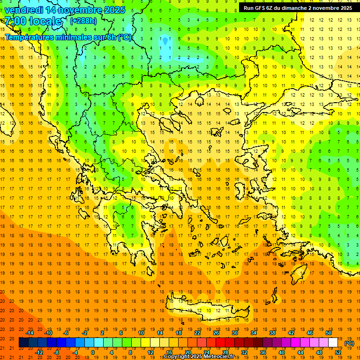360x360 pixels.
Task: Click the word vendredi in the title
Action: coord(23,9)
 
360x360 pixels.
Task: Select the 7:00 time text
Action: coord(15,21)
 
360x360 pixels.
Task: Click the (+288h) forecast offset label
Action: coord(84,21)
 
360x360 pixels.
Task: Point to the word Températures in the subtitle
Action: coord(30,37)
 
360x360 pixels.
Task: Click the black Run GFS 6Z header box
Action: coord(298,7)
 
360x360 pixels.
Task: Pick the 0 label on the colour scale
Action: coord(93,352)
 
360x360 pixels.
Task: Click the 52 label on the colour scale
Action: coord(338,352)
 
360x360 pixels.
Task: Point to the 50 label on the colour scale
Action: coord(329,332)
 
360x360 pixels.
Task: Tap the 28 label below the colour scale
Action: coord(225,352)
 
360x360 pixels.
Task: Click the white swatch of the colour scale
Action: coord(333,343)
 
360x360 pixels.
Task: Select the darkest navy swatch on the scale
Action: coord(23,343)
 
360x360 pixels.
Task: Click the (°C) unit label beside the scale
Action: coord(349,343)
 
